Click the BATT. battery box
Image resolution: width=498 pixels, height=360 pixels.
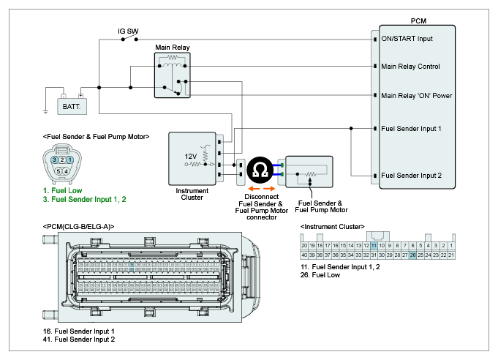pos(72,106)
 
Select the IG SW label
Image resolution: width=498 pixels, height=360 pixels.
pos(128,31)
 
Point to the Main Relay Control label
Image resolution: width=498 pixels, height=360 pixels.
pos(410,67)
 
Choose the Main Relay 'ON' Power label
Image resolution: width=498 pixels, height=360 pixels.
pos(415,95)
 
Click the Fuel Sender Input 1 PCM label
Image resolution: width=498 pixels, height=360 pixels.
pos(411,129)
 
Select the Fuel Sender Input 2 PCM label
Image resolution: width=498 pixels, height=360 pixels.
pos(411,176)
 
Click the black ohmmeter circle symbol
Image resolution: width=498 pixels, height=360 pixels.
pos(259,170)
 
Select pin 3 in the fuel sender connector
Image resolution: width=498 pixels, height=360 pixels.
pos(55,160)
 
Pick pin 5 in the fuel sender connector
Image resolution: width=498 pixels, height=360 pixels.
pos(59,171)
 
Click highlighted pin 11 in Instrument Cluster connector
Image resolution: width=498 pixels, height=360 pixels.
pos(374,245)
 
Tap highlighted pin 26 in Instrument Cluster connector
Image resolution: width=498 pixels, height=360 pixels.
pos(413,255)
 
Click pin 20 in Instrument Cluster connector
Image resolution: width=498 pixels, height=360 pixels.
pos(304,245)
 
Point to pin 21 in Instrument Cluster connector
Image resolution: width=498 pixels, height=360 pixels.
pos(453,255)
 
